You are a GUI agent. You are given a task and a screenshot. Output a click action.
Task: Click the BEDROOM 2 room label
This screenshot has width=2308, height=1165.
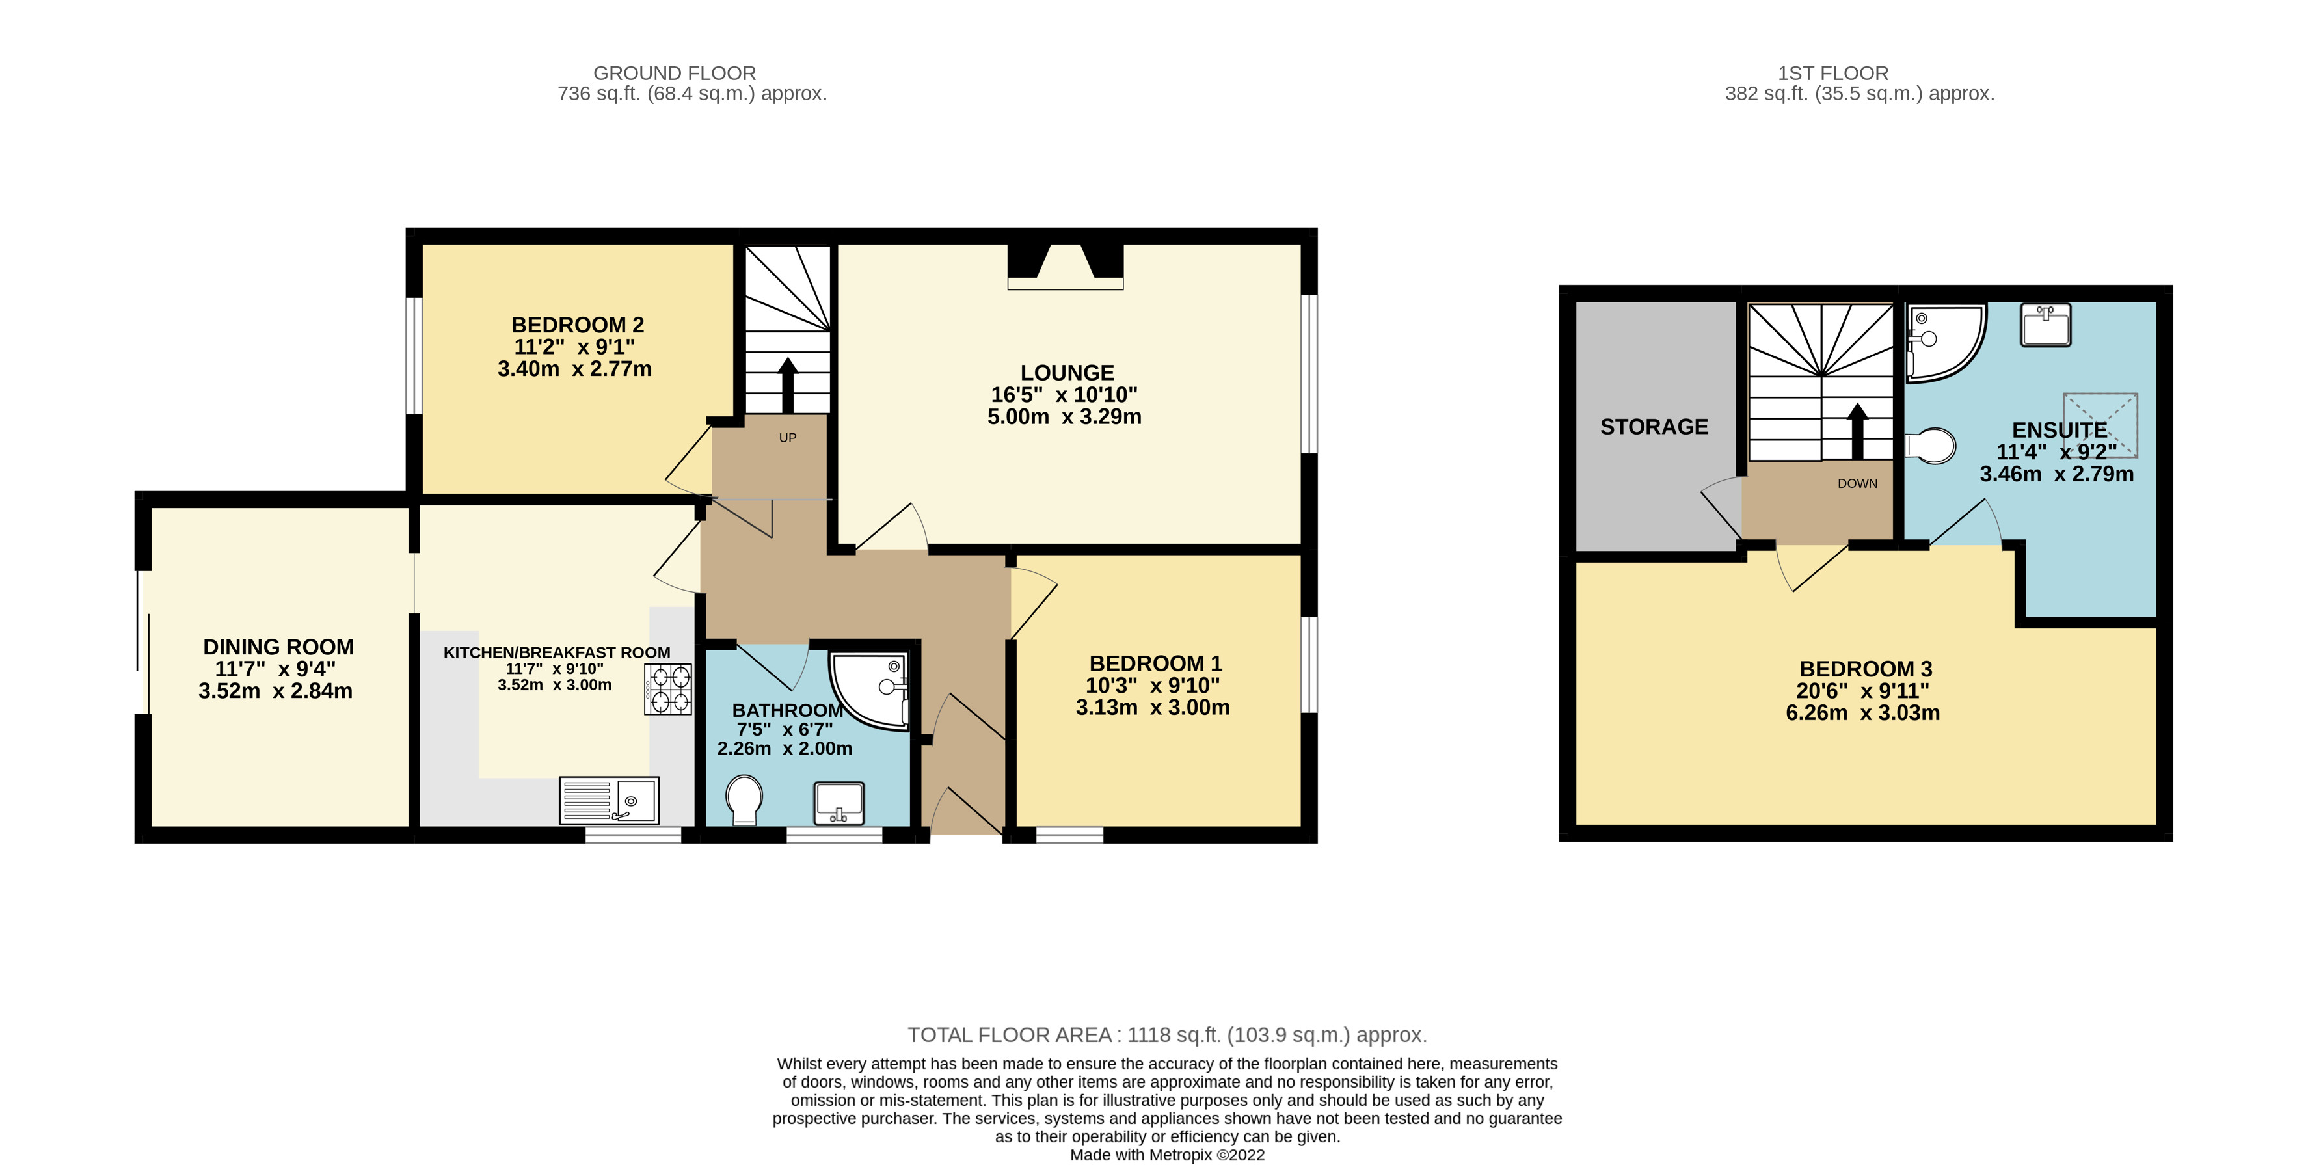pyautogui.click(x=577, y=325)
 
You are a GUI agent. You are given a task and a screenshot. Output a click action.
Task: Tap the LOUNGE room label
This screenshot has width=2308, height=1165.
pyautogui.click(x=1066, y=373)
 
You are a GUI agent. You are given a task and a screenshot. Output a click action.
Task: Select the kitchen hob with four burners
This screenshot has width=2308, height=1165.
pyautogui.click(x=667, y=688)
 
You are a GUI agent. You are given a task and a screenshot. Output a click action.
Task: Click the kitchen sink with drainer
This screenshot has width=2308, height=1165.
pyautogui.click(x=610, y=799)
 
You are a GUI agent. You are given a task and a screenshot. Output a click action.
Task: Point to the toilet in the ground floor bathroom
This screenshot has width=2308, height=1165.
pyautogui.click(x=744, y=799)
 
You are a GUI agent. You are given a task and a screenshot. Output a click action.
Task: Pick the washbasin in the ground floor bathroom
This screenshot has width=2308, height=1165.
pyautogui.click(x=839, y=802)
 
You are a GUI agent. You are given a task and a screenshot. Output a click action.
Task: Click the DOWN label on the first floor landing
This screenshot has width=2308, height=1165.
pyautogui.click(x=1857, y=483)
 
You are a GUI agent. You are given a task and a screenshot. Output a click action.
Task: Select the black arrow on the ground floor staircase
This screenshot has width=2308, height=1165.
pyautogui.click(x=788, y=385)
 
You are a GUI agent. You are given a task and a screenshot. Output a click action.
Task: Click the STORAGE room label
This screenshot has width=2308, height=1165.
pyautogui.click(x=1654, y=427)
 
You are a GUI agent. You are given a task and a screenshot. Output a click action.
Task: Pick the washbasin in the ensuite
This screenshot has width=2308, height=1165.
pyautogui.click(x=2045, y=325)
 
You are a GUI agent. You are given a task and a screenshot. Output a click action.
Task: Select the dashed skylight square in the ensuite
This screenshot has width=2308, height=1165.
pyautogui.click(x=2100, y=425)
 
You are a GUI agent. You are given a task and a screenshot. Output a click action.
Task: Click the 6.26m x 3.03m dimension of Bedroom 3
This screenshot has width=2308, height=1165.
pyautogui.click(x=1862, y=714)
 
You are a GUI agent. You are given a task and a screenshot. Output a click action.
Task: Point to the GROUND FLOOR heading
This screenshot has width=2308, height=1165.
pyautogui.click(x=674, y=74)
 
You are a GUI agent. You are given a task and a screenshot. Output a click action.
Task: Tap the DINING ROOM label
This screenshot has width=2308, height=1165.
pyautogui.click(x=278, y=647)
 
